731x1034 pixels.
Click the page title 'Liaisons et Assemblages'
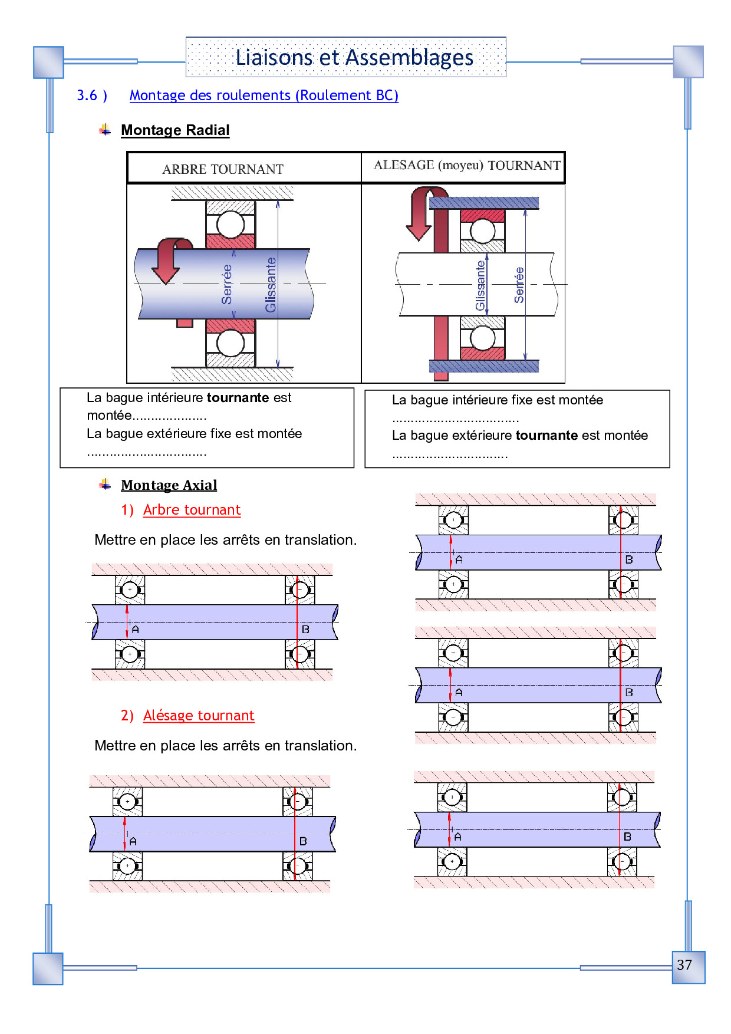[354, 58]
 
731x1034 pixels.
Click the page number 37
[684, 965]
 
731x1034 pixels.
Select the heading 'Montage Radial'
[175, 130]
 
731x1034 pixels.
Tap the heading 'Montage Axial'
[169, 485]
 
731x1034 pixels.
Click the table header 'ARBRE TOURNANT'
[223, 170]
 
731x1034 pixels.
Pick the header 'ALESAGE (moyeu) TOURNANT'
[467, 166]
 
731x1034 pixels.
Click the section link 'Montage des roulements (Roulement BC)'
[264, 96]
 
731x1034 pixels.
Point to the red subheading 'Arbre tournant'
[192, 510]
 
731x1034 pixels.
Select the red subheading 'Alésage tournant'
[199, 716]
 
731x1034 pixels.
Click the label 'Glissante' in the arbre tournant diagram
[271, 285]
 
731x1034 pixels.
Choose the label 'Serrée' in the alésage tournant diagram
[519, 285]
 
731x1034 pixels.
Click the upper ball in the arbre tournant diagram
[231, 225]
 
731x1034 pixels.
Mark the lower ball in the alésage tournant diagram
[483, 338]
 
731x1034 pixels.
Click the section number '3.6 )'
[92, 96]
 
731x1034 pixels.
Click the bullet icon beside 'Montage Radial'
[105, 130]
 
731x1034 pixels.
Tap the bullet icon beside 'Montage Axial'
[105, 485]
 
